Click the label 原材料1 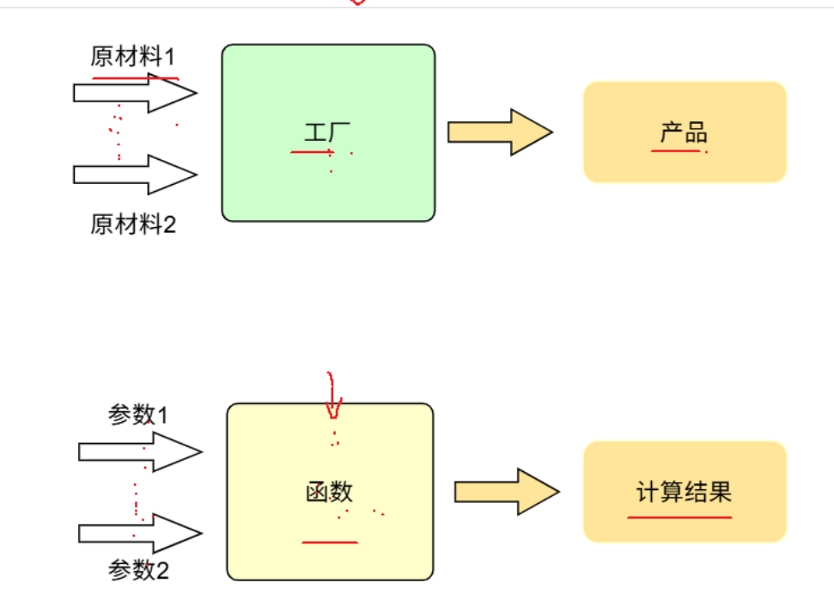132,58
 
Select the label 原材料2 132,225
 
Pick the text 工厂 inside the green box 328,133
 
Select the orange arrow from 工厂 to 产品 499,132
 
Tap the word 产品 684,132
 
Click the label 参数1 137,415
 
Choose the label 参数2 138,570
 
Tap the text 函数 330,492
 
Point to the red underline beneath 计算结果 679,518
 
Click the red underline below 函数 330,543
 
